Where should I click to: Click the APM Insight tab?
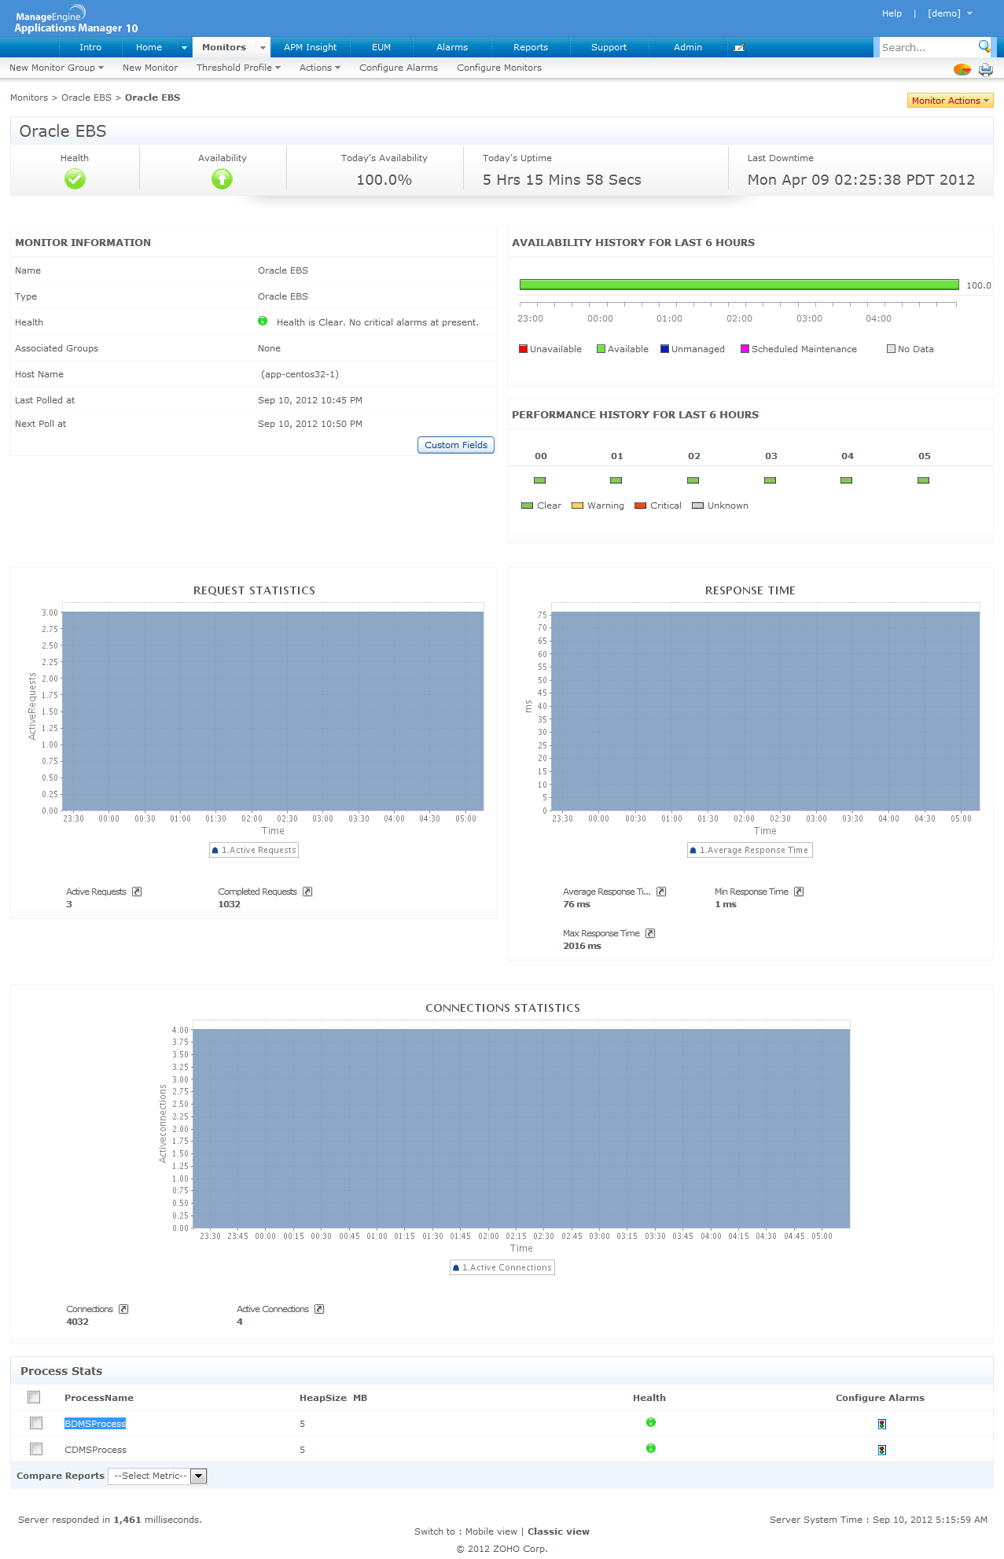coord(310,47)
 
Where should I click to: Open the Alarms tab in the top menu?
coord(451,47)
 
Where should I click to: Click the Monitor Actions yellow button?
coord(950,101)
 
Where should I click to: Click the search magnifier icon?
coord(984,46)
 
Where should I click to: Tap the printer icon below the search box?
coord(985,69)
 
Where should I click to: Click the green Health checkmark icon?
coord(75,179)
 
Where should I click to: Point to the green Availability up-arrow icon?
coord(222,179)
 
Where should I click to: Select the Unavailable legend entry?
coord(550,349)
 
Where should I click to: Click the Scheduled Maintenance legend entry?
coord(799,349)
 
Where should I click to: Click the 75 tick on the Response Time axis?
coord(542,615)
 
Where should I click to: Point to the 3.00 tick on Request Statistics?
coord(50,612)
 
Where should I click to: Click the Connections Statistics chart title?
coord(502,1008)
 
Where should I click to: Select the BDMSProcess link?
coord(95,1424)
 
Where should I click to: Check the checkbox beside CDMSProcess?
coord(36,1448)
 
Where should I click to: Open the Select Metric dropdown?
coord(157,1476)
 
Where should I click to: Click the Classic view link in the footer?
coord(558,1531)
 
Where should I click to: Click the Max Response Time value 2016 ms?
coord(582,946)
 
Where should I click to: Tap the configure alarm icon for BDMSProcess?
coord(882,1424)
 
